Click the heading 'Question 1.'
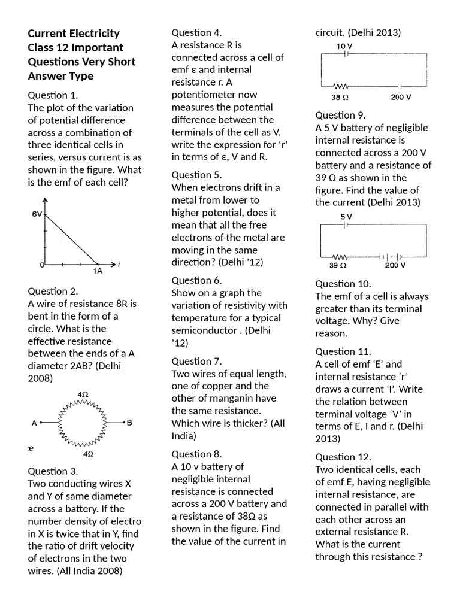coord(53,95)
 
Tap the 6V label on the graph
coord(37,214)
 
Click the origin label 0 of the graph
coord(42,264)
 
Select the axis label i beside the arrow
coord(119,264)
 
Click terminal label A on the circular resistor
coord(35,423)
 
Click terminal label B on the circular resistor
coord(129,423)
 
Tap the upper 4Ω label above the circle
coord(83,394)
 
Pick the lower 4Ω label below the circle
coord(88,454)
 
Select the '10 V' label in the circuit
coord(344,46)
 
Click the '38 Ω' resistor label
coord(340,96)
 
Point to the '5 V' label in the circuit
coord(346,216)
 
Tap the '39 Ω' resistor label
coord(338,265)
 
